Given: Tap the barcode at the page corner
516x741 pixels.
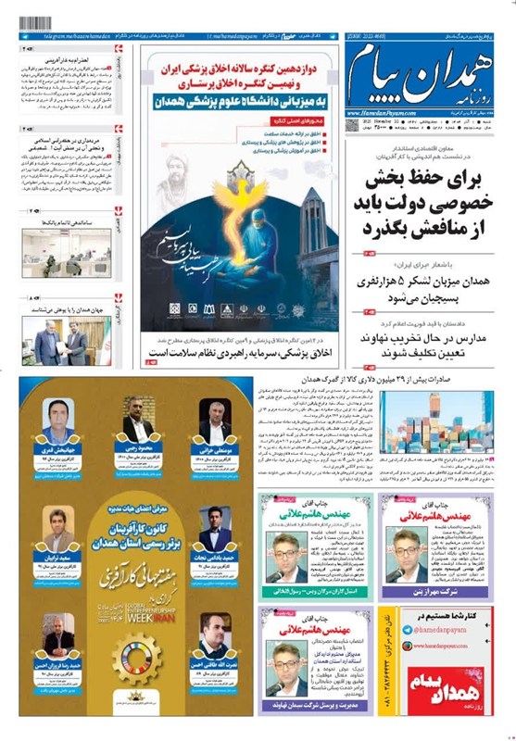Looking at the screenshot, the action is [34, 21].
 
